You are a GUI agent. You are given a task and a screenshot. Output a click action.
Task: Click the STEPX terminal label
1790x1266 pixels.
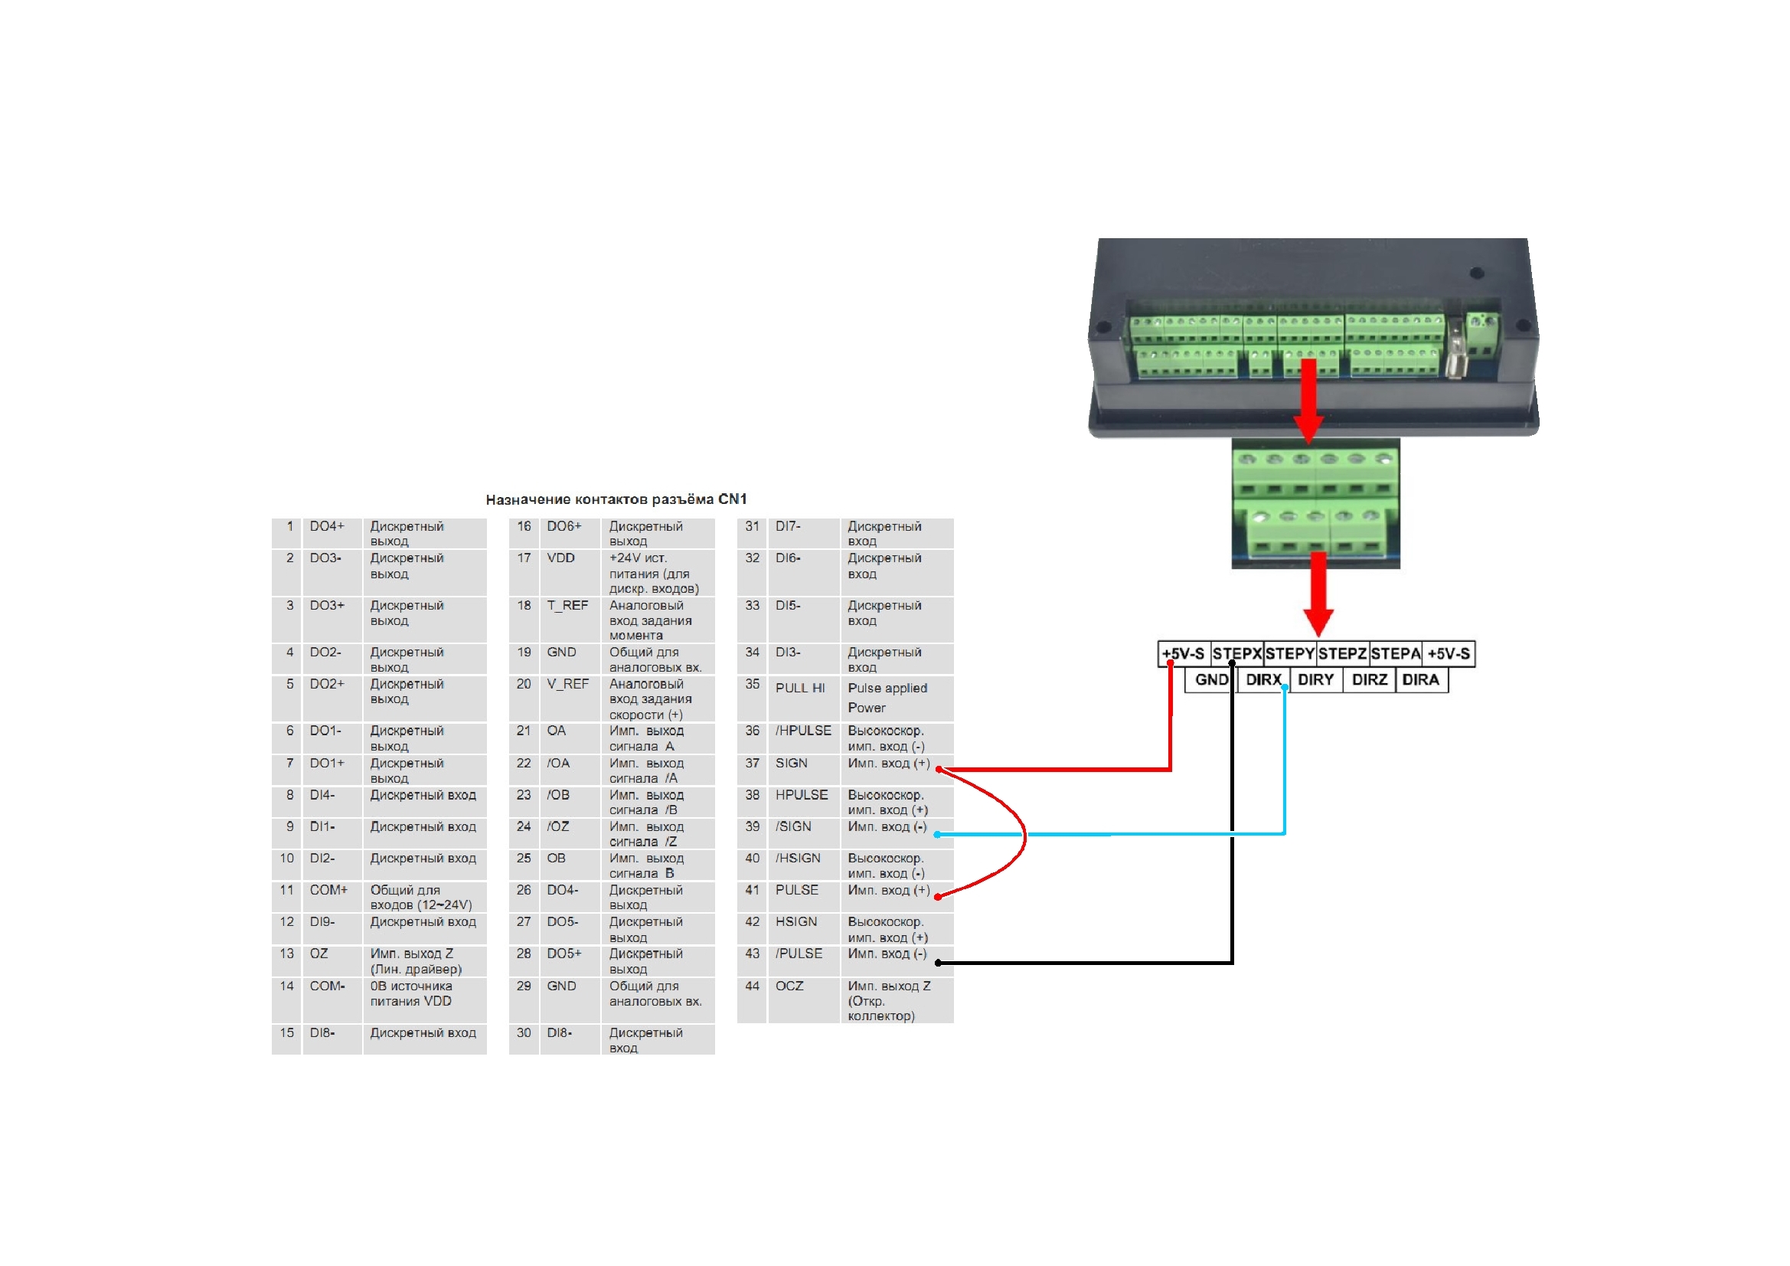(1236, 653)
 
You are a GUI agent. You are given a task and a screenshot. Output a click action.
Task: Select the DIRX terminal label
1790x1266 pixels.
(1263, 679)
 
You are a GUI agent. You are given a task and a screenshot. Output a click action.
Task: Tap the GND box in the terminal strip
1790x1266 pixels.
(1211, 679)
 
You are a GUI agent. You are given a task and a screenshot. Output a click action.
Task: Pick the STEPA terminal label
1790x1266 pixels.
(1396, 653)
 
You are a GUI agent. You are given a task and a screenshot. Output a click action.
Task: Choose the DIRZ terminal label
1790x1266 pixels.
(1369, 679)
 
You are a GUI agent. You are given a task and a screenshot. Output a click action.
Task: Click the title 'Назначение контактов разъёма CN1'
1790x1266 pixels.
(616, 499)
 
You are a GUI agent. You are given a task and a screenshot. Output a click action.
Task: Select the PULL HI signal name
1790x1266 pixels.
(800, 688)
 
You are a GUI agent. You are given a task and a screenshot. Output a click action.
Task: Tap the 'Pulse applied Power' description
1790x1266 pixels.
(887, 698)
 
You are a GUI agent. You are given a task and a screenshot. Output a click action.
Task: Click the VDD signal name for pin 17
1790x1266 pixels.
(560, 558)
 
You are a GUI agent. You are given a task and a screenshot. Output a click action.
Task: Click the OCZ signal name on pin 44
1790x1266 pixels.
(789, 986)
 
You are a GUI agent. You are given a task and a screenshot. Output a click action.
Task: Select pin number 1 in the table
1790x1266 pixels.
(290, 526)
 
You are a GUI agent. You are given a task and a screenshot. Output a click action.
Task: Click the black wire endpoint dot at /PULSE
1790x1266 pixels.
(938, 963)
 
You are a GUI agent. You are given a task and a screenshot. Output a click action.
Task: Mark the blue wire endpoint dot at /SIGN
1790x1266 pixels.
(937, 835)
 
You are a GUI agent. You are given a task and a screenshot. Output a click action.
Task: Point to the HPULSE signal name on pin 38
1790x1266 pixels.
(802, 795)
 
